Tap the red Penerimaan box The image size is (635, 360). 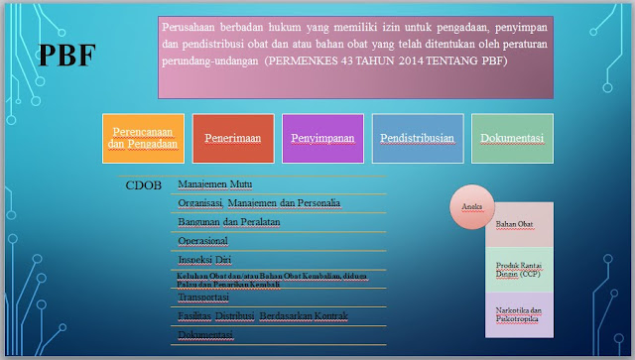pyautogui.click(x=232, y=139)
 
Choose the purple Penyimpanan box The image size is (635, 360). pyautogui.click(x=321, y=139)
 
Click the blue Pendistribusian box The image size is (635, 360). pyautogui.click(x=418, y=139)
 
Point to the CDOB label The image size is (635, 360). pyautogui.click(x=144, y=184)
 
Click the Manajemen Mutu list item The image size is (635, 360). pyautogui.click(x=214, y=184)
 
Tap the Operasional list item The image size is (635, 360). pyautogui.click(x=202, y=241)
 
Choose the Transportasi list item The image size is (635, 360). pyautogui.click(x=204, y=298)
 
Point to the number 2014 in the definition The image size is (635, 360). pyautogui.click(x=404, y=60)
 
